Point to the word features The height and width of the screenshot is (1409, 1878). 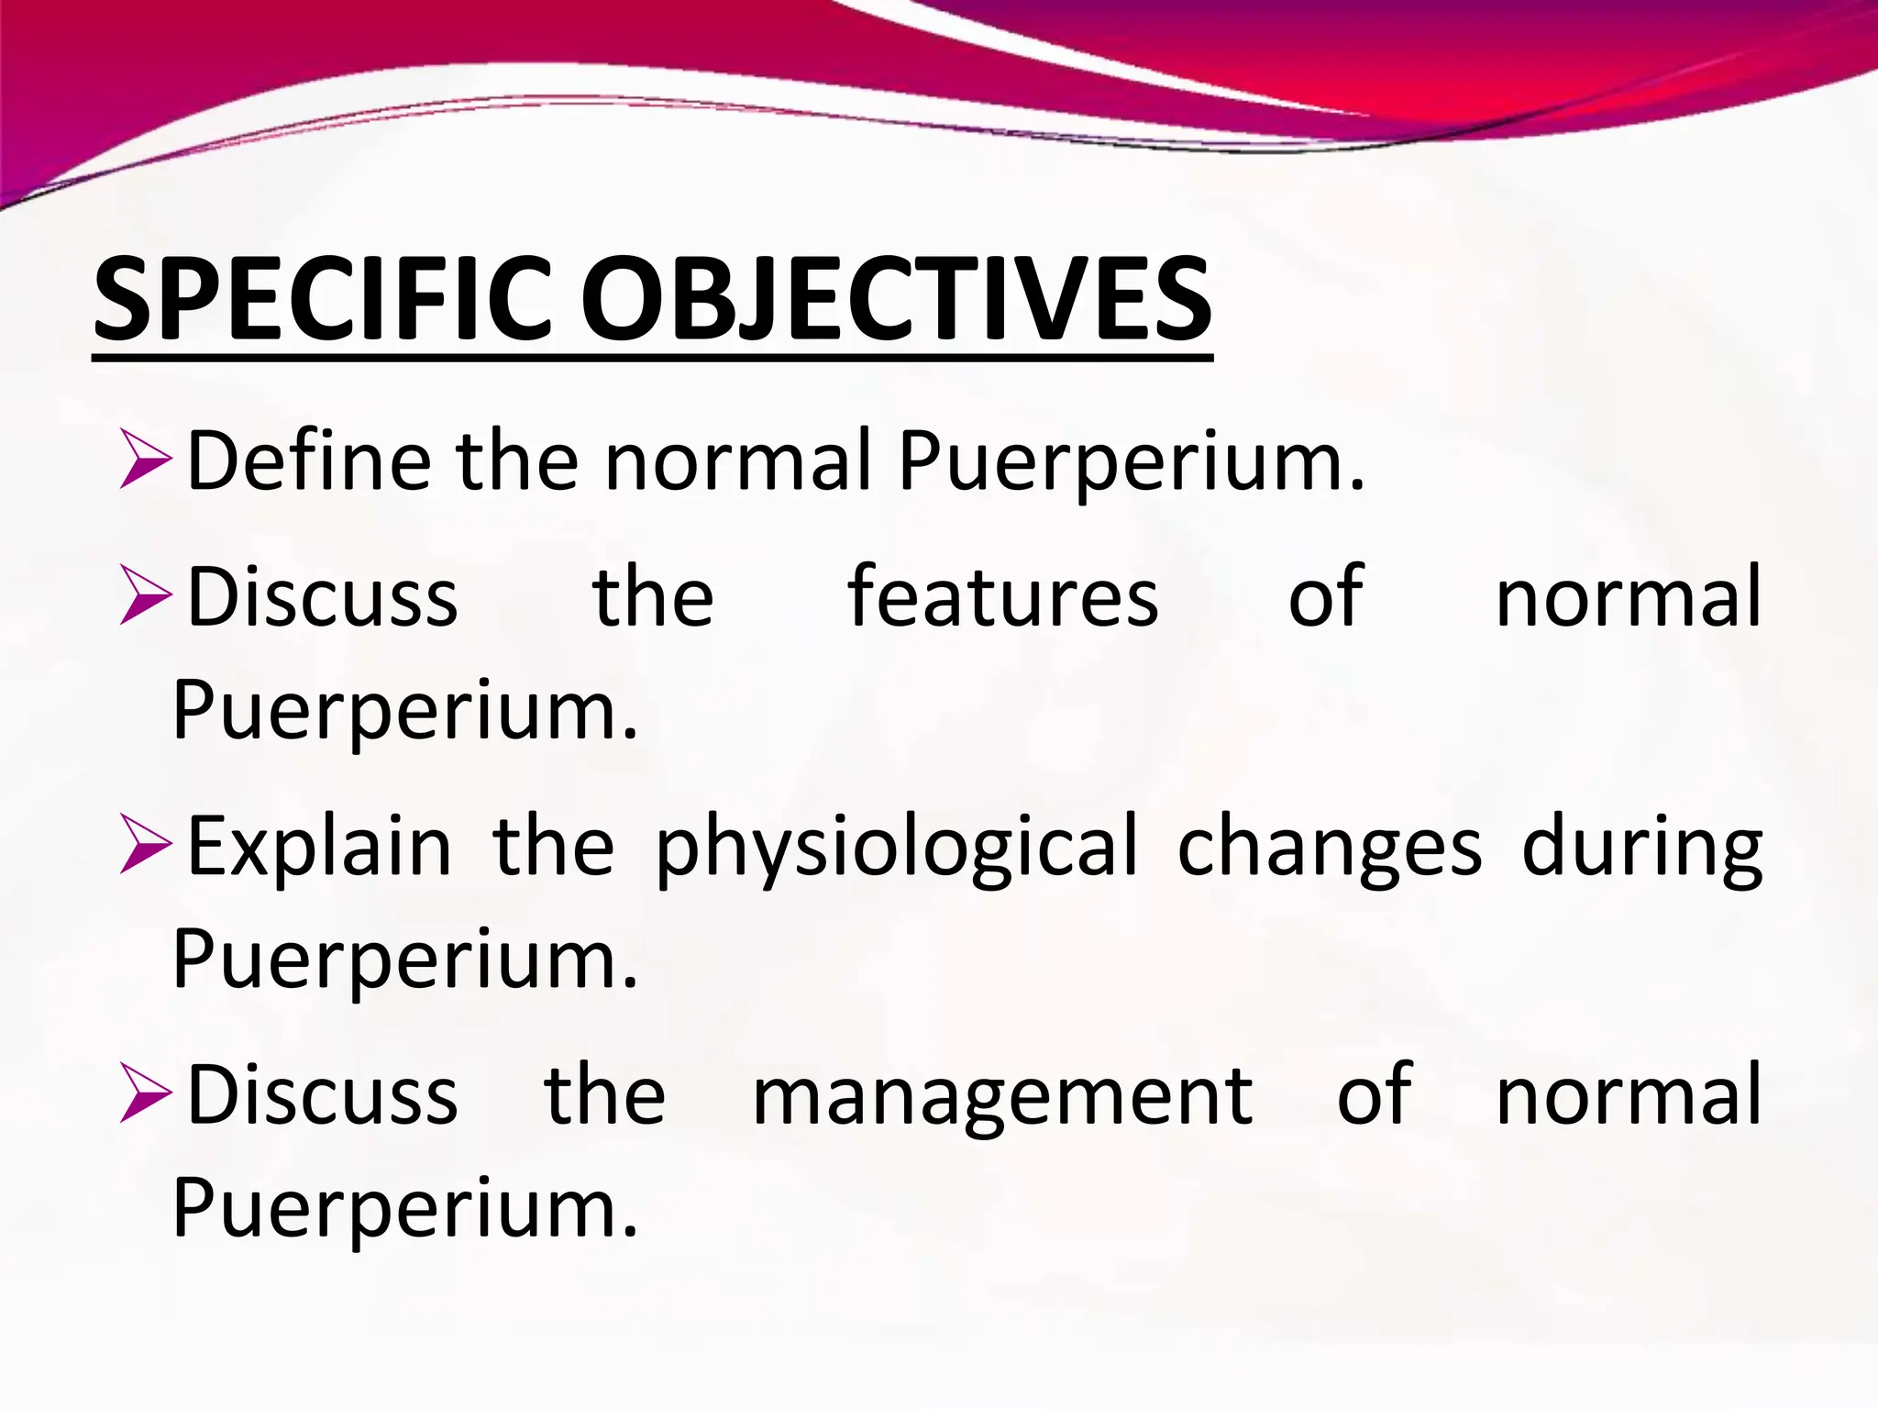coord(1002,596)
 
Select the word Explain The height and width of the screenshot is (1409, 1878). coord(319,846)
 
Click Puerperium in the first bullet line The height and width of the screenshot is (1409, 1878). coord(1131,461)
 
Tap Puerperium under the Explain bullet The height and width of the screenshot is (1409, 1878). coord(404,960)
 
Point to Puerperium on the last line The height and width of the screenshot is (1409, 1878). coord(404,1209)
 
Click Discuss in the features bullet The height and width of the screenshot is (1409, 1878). coord(322,596)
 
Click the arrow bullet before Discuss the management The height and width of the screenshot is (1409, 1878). coord(145,1094)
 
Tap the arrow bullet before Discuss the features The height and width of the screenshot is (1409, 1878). coord(145,597)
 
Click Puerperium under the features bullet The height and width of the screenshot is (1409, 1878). coord(404,711)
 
